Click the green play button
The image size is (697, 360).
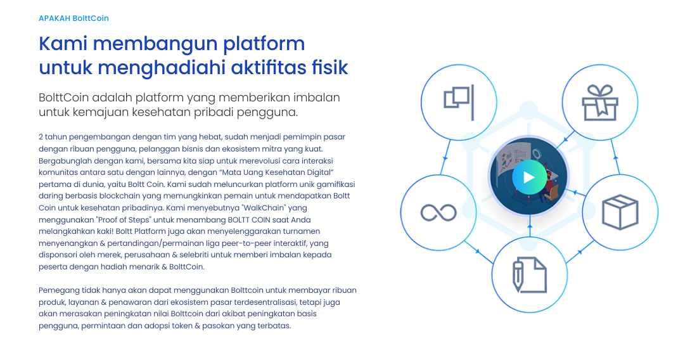[x=529, y=177]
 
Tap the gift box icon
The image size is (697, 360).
[x=599, y=103]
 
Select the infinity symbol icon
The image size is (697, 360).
[x=438, y=212]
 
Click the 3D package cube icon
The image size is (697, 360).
[x=620, y=212]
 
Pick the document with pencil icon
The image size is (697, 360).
[x=529, y=274]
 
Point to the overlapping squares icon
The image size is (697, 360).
[x=459, y=102]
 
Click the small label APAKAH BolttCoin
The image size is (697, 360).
[x=74, y=18]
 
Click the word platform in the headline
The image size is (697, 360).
[x=264, y=44]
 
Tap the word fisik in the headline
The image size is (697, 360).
[x=329, y=68]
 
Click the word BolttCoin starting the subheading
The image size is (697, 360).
[x=63, y=98]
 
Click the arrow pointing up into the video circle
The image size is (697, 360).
[x=530, y=227]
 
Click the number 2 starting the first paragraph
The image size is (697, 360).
[x=41, y=137]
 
